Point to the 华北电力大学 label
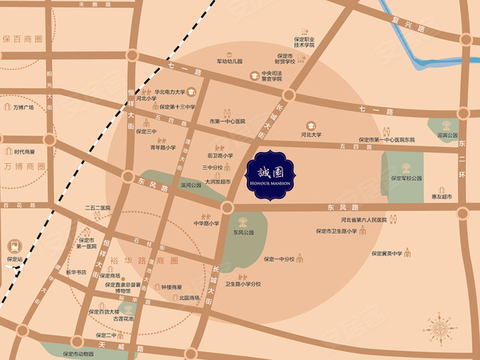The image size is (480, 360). coord(170,92)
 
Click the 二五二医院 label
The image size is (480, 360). coord(96,208)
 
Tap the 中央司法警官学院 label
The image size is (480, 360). coord(267,76)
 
